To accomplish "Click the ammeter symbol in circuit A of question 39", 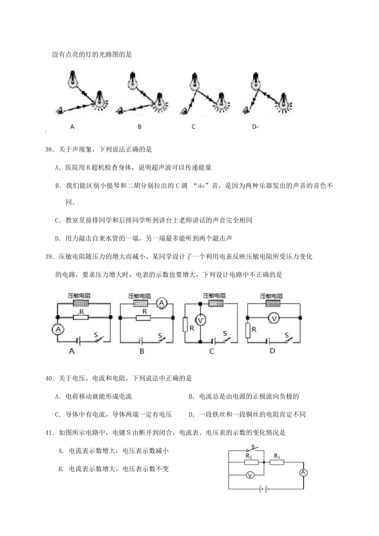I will [x=58, y=329].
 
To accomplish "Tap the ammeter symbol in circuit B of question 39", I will [x=162, y=303].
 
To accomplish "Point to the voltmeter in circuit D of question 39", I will [x=273, y=318].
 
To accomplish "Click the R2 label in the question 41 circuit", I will [x=248, y=455].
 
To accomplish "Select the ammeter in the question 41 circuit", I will [x=303, y=473].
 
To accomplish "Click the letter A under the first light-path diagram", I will [x=72, y=127].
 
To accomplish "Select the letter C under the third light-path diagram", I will [x=193, y=127].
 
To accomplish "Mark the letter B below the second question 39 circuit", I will [x=142, y=351].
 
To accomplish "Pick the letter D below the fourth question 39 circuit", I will [x=272, y=351].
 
